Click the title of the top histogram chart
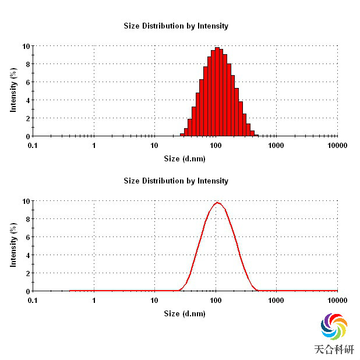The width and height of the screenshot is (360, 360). pos(176,26)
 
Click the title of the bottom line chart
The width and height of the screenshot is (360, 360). pos(176,181)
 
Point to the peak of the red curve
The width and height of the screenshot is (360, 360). pos(217,203)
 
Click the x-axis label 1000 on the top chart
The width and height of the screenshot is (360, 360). pos(276,144)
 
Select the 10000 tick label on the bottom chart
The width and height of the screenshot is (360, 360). pos(337,299)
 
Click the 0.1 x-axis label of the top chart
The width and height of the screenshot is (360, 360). pos(33,144)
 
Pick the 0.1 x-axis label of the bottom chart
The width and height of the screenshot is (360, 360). pos(33,299)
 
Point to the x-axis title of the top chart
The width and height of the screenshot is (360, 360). pos(184,158)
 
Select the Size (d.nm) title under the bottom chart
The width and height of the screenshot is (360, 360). pos(184,313)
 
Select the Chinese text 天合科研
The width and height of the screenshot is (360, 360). pos(334,350)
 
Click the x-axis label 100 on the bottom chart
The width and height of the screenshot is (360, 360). pos(216,299)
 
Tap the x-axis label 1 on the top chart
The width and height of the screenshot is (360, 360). pos(94,144)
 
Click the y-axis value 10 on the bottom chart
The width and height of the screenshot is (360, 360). pos(26,201)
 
